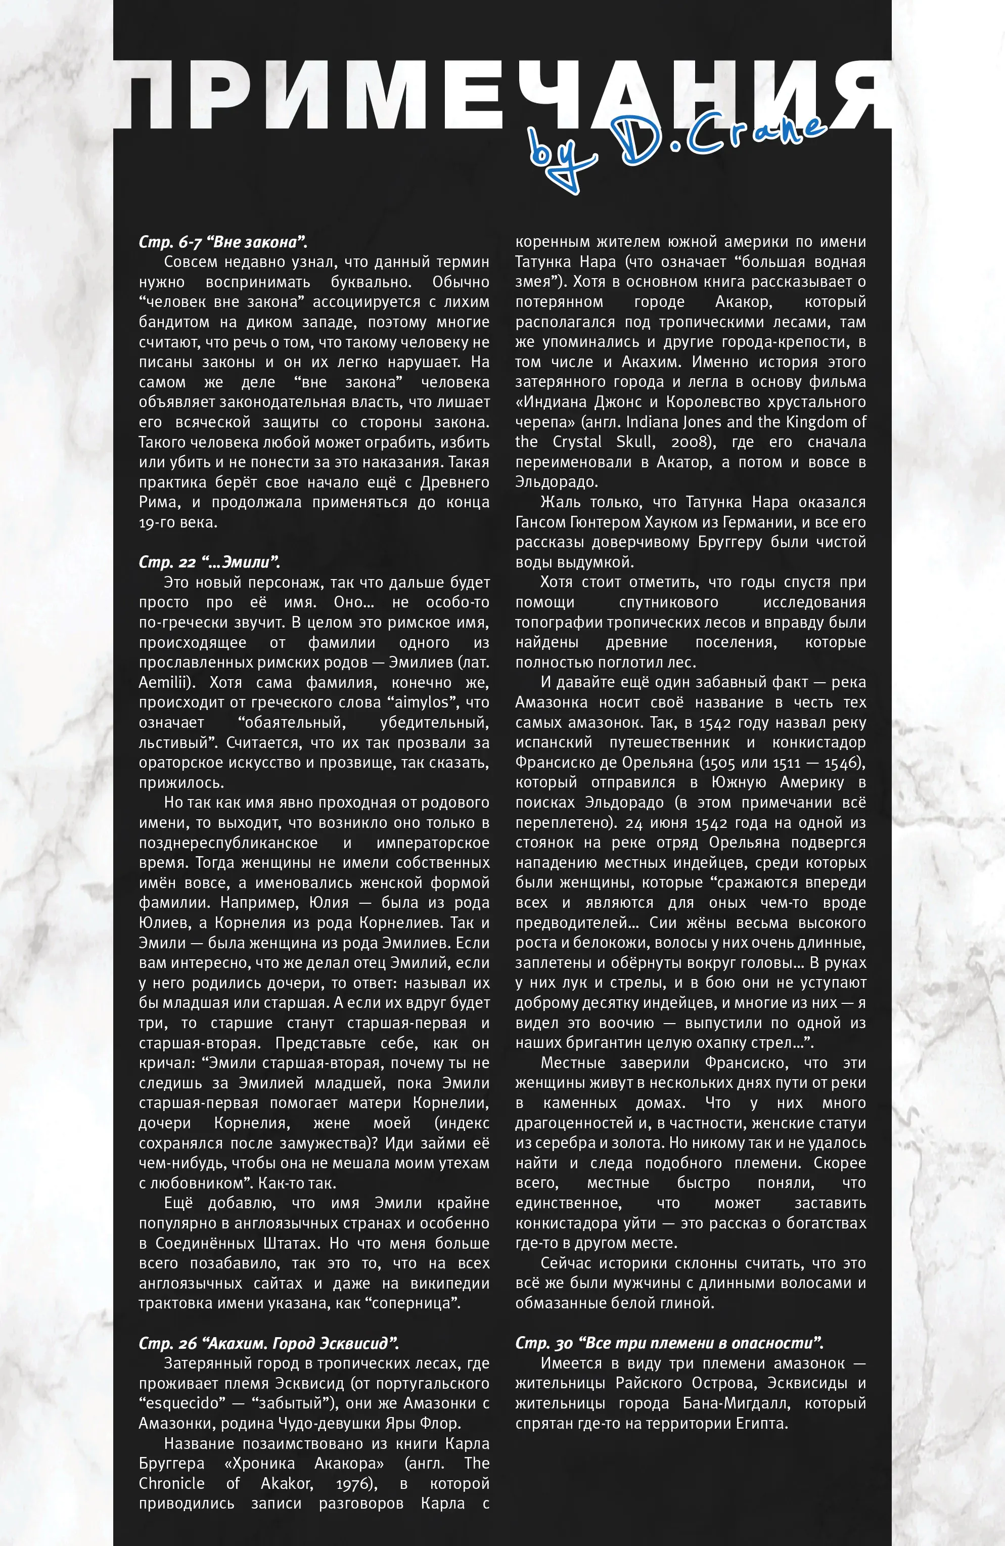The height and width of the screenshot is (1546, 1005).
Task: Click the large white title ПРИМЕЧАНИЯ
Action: tap(502, 96)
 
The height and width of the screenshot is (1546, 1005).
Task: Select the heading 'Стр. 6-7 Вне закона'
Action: tap(222, 242)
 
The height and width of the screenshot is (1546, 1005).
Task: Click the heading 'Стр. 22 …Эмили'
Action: tap(209, 562)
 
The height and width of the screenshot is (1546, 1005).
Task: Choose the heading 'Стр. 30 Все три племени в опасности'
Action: tap(669, 1343)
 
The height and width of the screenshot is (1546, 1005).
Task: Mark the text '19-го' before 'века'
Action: tap(156, 522)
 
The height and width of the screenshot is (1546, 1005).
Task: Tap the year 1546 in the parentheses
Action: tap(842, 762)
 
